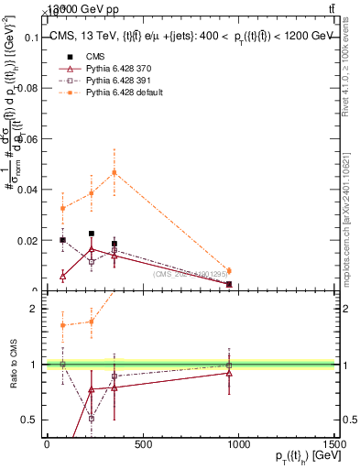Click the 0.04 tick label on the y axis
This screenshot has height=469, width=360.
pyautogui.click(x=27, y=191)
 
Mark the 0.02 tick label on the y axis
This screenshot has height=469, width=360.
pyautogui.click(x=27, y=241)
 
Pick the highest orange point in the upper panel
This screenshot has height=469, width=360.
pyautogui.click(x=115, y=172)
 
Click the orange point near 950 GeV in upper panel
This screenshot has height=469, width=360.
pyautogui.click(x=228, y=270)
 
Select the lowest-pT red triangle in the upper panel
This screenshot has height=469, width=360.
pyautogui.click(x=62, y=276)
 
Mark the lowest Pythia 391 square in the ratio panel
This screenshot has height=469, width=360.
pyautogui.click(x=92, y=418)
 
